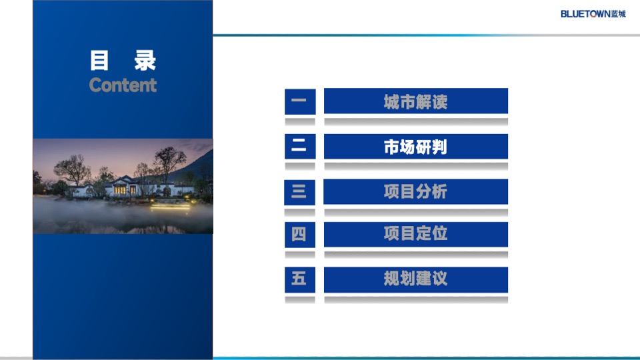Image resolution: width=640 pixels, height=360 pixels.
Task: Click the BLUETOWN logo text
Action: click(x=585, y=13)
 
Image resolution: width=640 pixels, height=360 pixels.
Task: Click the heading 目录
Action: click(x=123, y=61)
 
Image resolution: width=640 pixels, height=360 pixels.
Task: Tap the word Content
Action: click(x=123, y=85)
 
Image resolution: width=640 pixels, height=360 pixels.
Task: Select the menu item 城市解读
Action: click(x=415, y=101)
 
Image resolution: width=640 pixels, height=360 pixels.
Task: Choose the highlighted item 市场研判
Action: click(x=415, y=147)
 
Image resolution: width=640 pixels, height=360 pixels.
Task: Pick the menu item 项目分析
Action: click(x=415, y=192)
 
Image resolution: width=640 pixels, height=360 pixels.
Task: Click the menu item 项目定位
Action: click(x=415, y=234)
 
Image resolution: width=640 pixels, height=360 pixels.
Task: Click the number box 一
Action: click(x=299, y=101)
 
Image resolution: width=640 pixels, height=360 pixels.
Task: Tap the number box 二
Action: click(x=299, y=147)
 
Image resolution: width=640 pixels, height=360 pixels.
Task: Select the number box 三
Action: click(x=299, y=192)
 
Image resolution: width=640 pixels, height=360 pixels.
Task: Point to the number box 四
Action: click(x=299, y=234)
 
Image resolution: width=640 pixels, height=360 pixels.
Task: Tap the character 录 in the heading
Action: click(x=145, y=61)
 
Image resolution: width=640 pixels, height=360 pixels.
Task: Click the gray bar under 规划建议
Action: click(x=415, y=300)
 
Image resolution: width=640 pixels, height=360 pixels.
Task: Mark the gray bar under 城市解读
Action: click(x=415, y=122)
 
